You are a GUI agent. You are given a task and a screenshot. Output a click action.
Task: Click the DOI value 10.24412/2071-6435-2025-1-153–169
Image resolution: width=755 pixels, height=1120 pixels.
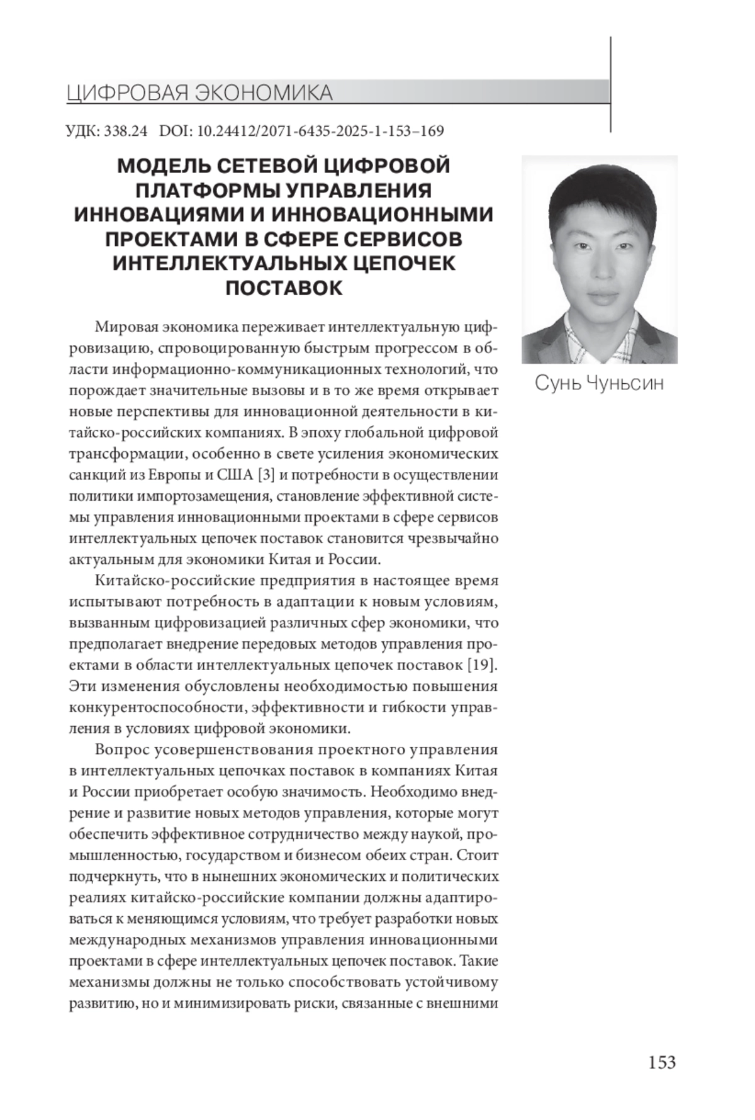321,131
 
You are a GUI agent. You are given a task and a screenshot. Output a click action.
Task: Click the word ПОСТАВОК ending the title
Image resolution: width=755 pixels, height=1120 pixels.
284,288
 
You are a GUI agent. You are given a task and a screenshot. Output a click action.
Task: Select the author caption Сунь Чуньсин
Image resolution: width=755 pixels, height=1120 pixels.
599,383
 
